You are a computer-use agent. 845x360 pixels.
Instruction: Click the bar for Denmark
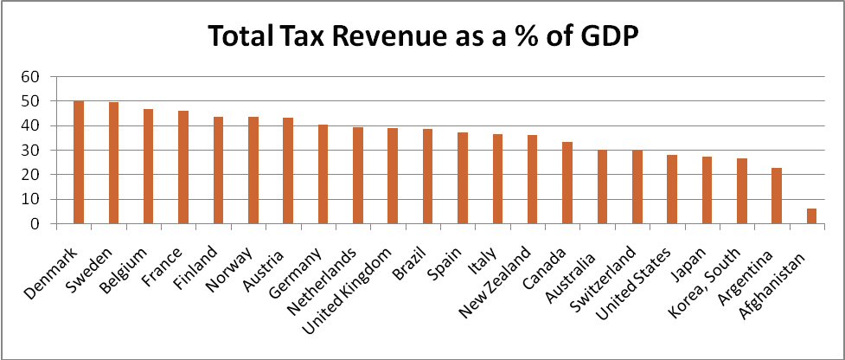[x=79, y=163]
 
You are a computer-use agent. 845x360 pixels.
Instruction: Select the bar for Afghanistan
[x=811, y=216]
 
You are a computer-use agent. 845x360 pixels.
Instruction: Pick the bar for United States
[x=672, y=190]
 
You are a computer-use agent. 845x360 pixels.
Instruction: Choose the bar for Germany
[x=323, y=174]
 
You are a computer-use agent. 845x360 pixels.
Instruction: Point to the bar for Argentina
[x=777, y=196]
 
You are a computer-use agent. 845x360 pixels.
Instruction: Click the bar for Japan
[x=707, y=190]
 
